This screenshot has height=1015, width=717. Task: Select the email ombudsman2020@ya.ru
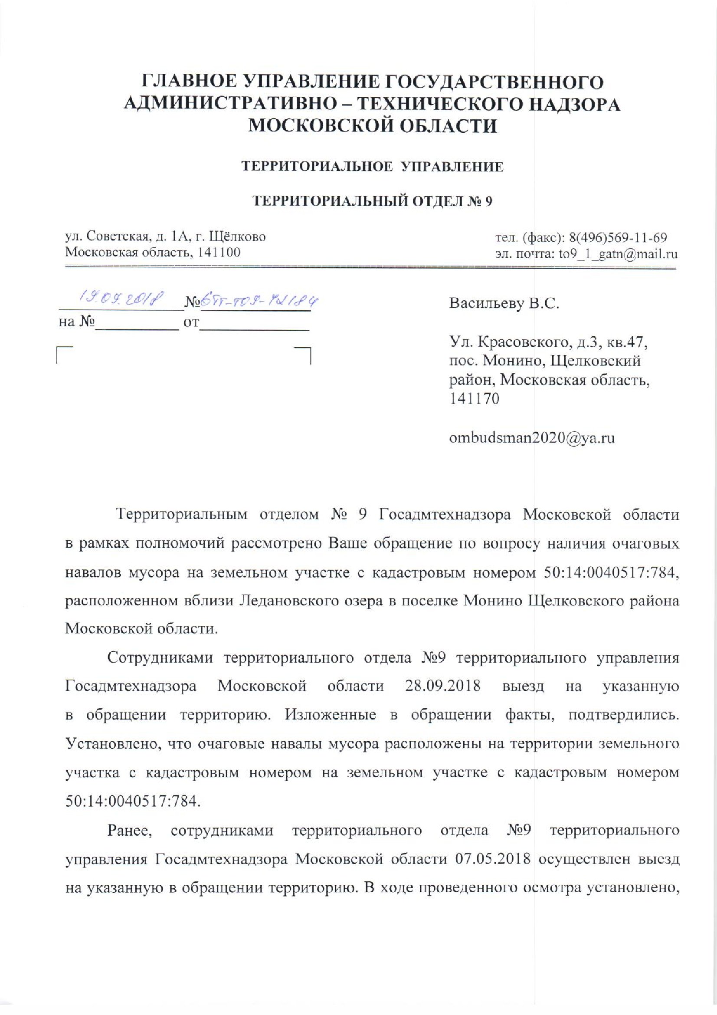coord(531,438)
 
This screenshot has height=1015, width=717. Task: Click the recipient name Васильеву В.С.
coord(504,304)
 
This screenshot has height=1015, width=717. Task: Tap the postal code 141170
coord(474,399)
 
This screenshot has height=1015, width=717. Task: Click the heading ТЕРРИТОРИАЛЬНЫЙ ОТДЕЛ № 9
coord(372,201)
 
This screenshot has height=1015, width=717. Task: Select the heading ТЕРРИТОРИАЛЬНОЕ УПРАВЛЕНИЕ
coord(372,167)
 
